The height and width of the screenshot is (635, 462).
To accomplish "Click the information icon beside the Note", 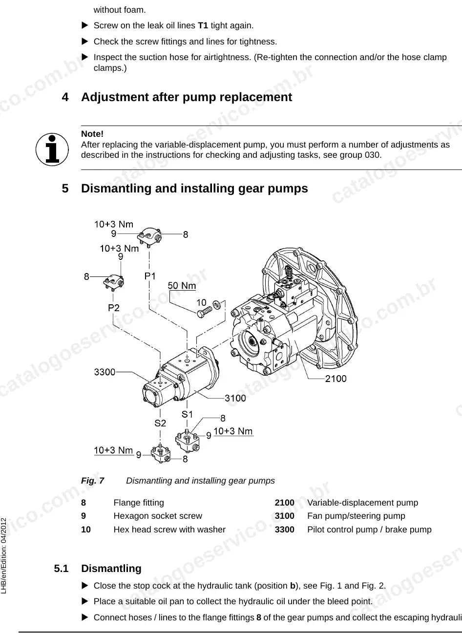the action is point(52,149).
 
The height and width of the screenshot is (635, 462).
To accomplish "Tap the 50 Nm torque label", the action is point(182,285).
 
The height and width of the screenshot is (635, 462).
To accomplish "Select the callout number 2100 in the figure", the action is point(336,379).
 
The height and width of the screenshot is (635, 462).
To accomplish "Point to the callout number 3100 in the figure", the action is point(235,398).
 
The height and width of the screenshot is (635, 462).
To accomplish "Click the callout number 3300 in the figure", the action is point(105,372).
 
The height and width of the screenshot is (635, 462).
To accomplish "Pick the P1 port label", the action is point(150,276).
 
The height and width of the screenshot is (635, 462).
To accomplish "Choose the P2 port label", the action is point(114,308).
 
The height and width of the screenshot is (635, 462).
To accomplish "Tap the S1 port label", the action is point(187,414).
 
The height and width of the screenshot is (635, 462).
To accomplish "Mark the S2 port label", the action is point(160,423).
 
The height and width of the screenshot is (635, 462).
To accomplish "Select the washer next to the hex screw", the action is point(217,304).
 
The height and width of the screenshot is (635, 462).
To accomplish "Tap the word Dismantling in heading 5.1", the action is point(111,569).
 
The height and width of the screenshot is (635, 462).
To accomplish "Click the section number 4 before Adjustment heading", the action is point(65,97).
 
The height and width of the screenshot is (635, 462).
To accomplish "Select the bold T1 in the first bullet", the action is point(203,25).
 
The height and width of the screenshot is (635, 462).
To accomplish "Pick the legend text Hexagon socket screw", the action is point(158,516).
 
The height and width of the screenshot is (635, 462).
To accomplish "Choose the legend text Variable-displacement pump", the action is point(363,503).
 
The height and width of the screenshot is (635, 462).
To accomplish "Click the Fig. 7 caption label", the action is point(92,481).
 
